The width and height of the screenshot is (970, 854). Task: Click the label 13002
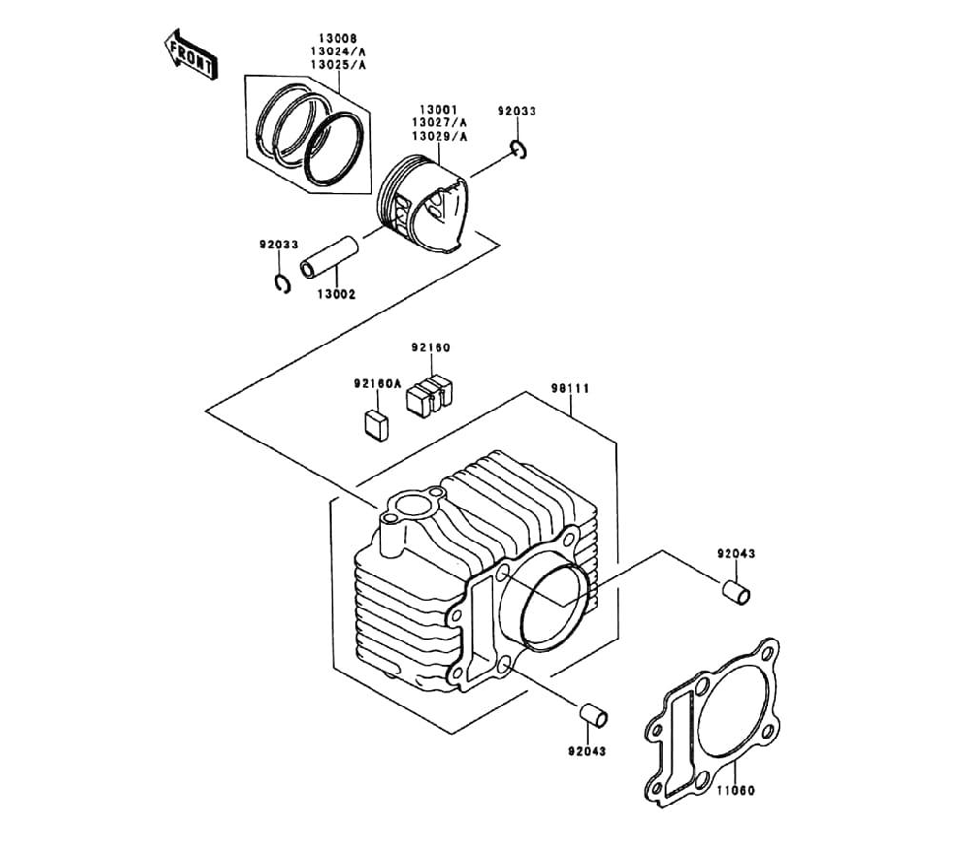[x=337, y=293]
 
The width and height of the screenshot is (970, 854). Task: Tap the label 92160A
[x=376, y=383]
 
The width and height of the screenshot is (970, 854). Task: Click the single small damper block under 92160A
[x=374, y=423]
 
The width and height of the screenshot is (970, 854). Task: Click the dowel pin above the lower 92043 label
[x=593, y=714]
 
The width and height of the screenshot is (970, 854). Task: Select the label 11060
[x=735, y=790]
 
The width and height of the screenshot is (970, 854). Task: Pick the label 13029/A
[x=439, y=137]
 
